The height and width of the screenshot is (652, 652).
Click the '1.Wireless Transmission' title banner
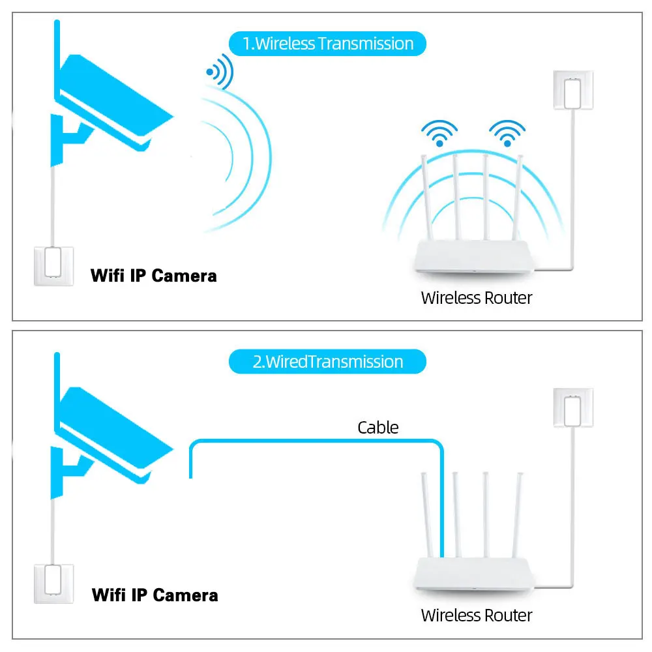pyautogui.click(x=327, y=44)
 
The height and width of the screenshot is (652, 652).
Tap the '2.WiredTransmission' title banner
pyautogui.click(x=327, y=362)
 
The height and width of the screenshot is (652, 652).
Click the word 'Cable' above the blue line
pyautogui.click(x=378, y=428)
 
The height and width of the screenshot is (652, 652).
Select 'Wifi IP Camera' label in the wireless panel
pyautogui.click(x=153, y=276)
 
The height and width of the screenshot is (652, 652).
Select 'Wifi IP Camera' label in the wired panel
pyautogui.click(x=155, y=595)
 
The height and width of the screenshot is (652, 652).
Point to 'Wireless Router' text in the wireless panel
pyautogui.click(x=476, y=298)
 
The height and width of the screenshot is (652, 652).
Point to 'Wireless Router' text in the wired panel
pyautogui.click(x=476, y=615)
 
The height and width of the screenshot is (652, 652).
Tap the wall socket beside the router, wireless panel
pyautogui.click(x=572, y=90)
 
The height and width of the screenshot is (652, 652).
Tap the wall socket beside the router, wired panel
pyautogui.click(x=572, y=408)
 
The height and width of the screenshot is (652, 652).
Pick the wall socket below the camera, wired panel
pyautogui.click(x=53, y=584)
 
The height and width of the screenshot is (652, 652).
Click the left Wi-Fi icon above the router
pyautogui.click(x=439, y=133)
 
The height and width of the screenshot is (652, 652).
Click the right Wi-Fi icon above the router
pyautogui.click(x=507, y=133)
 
